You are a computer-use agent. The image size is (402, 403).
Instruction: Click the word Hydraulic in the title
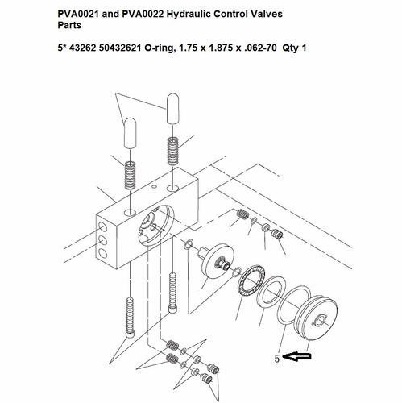tap(189, 14)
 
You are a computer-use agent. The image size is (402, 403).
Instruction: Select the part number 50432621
tap(120, 48)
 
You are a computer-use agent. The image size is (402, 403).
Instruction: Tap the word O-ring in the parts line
tap(159, 48)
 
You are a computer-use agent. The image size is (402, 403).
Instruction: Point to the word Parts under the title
tap(69, 25)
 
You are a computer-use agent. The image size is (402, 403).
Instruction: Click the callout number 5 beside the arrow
tap(277, 359)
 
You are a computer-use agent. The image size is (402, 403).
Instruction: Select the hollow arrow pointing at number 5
tap(296, 357)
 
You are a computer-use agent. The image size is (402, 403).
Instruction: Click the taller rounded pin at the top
tap(172, 108)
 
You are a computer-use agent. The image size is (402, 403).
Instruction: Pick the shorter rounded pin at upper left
tap(130, 133)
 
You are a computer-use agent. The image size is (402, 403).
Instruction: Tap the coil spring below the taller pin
tap(173, 151)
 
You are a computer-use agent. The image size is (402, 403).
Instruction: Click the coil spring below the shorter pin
tap(131, 175)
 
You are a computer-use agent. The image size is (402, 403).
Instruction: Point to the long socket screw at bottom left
tap(130, 318)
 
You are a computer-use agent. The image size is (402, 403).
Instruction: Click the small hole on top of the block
tap(153, 186)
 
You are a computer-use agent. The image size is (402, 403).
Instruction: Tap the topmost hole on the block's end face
tap(103, 227)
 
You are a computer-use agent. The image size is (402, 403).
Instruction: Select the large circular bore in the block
tap(156, 226)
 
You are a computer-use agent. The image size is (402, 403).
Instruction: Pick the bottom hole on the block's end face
tap(103, 253)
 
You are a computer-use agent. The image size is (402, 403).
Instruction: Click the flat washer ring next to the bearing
tap(271, 291)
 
